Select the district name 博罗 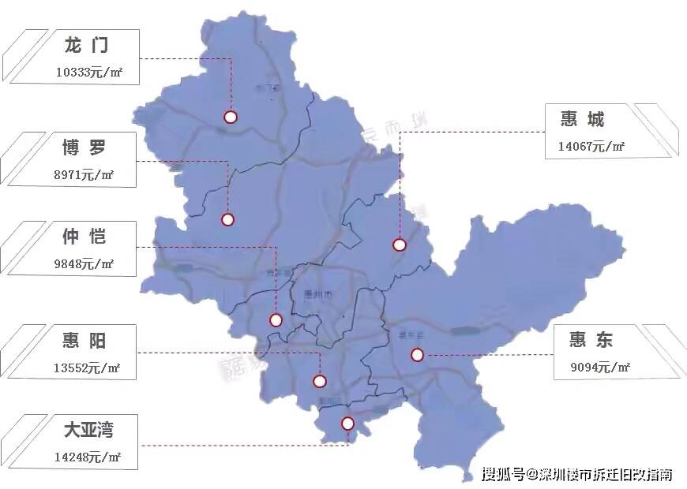point(84,148)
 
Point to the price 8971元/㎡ point(84,174)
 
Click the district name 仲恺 point(84,236)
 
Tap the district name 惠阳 point(84,341)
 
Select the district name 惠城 point(582,119)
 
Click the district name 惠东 point(591,340)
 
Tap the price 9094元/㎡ point(600,367)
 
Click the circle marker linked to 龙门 point(231,118)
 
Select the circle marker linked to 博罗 point(228,220)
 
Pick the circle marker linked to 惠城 point(400,245)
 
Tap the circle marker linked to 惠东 point(418,355)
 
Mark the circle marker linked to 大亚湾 point(348,424)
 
